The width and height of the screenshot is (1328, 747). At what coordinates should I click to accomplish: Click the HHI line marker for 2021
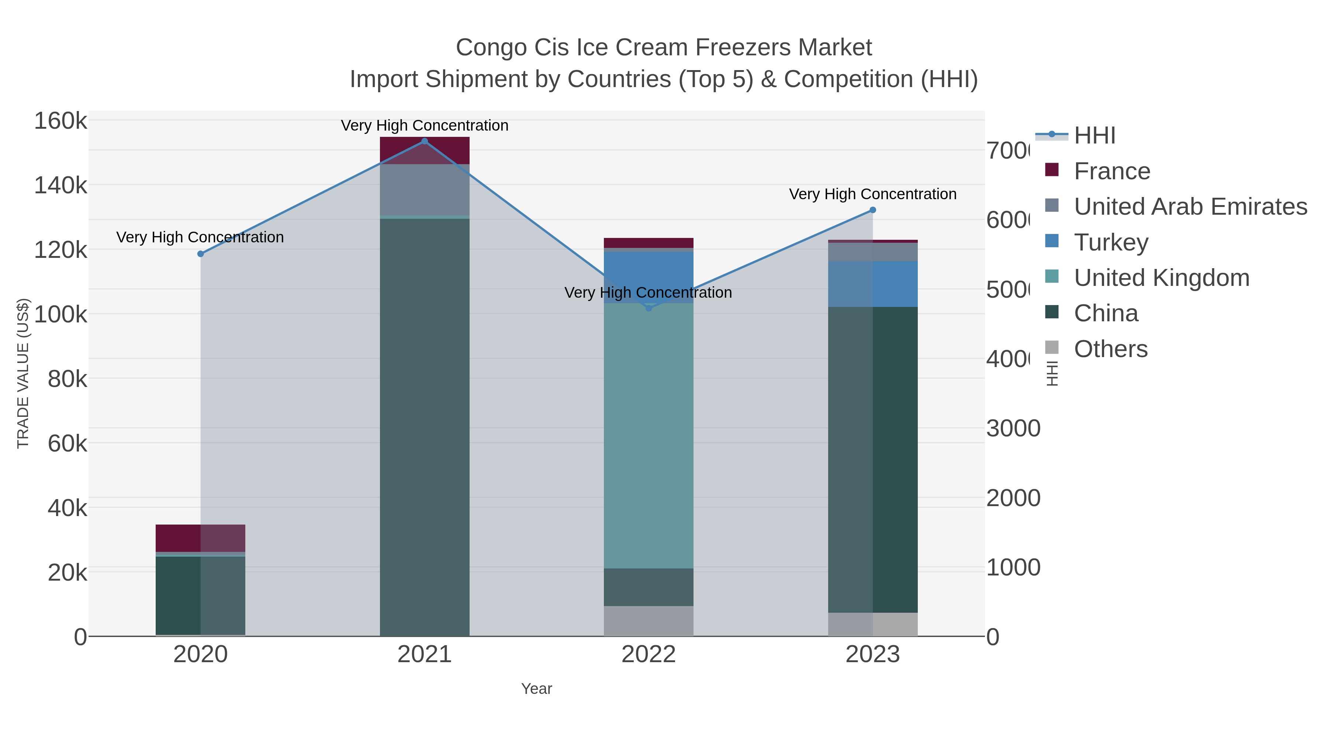click(424, 141)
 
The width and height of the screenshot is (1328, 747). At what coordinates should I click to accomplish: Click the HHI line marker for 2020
click(201, 254)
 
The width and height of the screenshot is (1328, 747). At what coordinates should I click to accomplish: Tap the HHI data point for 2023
click(872, 210)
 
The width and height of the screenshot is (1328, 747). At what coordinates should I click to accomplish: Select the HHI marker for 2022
click(649, 308)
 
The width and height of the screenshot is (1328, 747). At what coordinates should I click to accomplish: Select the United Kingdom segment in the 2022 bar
click(648, 436)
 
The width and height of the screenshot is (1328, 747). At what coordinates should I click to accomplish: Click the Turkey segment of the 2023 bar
click(872, 284)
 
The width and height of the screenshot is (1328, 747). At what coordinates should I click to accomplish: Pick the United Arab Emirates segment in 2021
click(424, 190)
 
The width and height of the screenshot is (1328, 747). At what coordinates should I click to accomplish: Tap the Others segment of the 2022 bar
click(648, 621)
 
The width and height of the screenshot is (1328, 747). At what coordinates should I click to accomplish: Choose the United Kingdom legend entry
click(1161, 277)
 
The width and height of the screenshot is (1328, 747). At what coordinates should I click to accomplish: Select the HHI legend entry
click(1094, 135)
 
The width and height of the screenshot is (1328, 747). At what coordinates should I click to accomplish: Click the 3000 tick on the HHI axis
click(1013, 428)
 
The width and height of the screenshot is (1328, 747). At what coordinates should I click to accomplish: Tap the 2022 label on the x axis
click(648, 654)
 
